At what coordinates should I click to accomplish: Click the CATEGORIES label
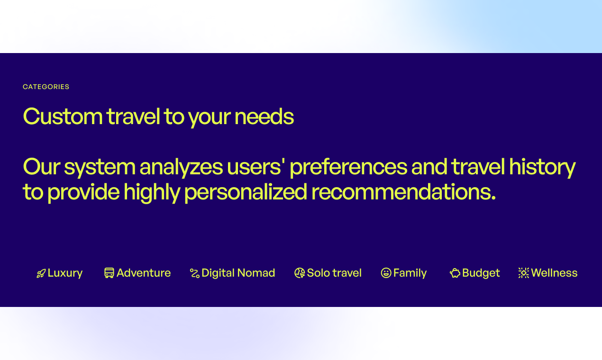[46, 87]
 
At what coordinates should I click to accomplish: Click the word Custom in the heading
[63, 117]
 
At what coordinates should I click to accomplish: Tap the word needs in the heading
[264, 117]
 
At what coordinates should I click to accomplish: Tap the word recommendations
[403, 192]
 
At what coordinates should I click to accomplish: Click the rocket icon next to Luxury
[41, 273]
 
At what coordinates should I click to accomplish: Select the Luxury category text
[65, 273]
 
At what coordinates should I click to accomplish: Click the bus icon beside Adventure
[109, 273]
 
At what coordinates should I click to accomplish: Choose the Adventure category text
[144, 273]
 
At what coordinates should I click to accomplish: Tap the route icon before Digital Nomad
[194, 273]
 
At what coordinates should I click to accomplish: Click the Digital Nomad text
[238, 273]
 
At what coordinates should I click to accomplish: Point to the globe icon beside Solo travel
[300, 273]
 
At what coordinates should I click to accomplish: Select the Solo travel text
[334, 273]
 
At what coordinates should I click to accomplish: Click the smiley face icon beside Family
[386, 273]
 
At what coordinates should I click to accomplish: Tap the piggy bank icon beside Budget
[455, 273]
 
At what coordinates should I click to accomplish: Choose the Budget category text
[481, 273]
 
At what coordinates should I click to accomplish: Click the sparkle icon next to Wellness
[523, 273]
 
